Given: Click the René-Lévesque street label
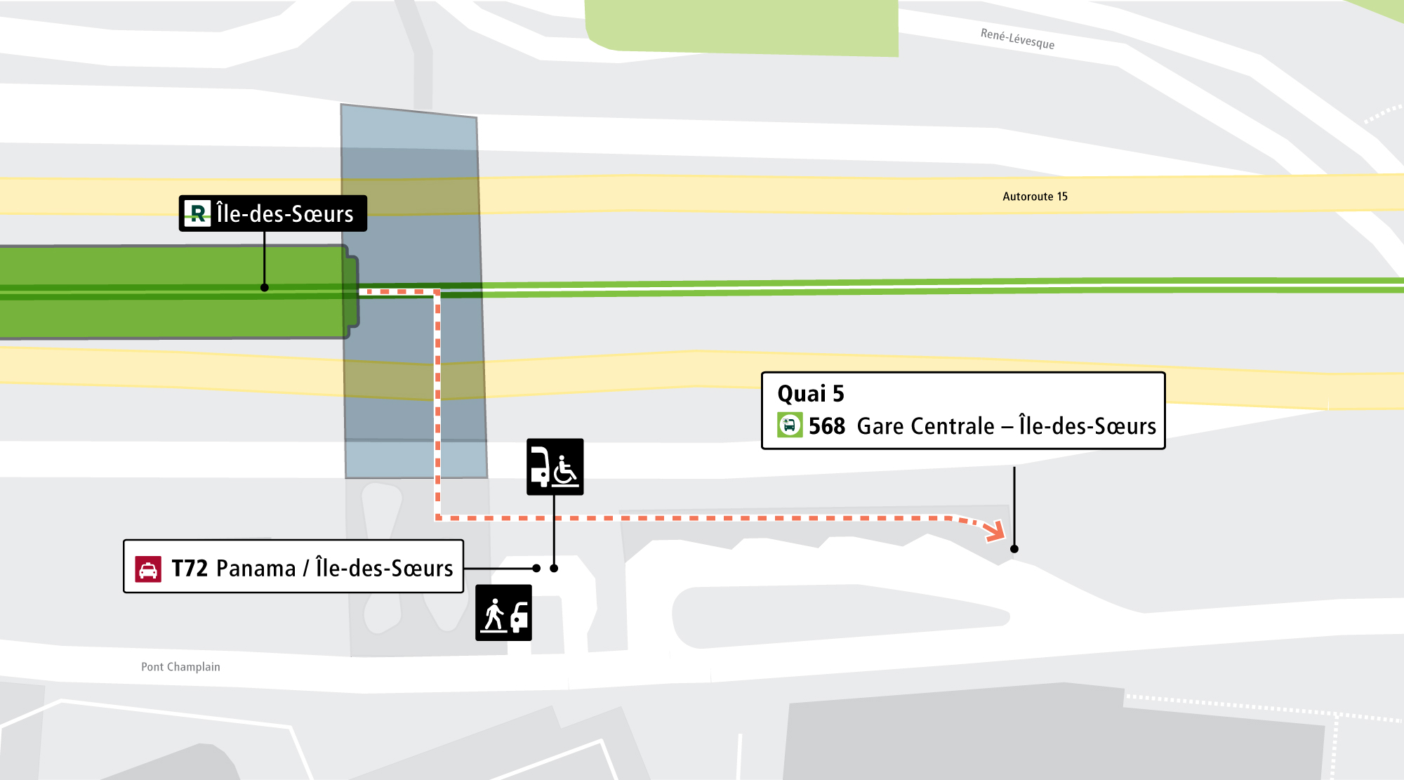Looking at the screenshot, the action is click(1017, 39).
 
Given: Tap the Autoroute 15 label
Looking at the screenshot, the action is click(1035, 197).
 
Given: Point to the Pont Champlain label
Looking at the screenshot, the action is click(180, 667).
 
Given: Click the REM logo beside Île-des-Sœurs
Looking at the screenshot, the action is click(197, 213).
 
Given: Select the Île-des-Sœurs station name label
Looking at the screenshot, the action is click(285, 213).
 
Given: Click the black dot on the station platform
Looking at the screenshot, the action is click(265, 287).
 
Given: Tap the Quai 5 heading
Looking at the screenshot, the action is click(811, 394).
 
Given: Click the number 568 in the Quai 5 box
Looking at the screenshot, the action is click(827, 426).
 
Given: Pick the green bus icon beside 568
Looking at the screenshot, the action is click(790, 425).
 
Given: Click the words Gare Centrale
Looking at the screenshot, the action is click(926, 426).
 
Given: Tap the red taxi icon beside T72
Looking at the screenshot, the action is click(148, 569).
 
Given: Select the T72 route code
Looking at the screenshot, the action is click(190, 569).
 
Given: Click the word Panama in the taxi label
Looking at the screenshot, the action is click(256, 569).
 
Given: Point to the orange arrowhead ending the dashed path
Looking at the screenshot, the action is click(995, 531).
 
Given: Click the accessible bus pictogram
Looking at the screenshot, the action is click(555, 467).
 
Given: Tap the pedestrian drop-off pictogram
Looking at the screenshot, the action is click(503, 613).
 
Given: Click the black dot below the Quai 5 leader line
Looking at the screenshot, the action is click(1014, 549).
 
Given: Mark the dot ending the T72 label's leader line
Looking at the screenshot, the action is click(536, 568).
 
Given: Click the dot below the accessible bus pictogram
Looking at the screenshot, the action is click(554, 568).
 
